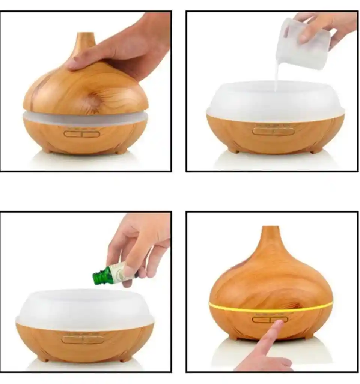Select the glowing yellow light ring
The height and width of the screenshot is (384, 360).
click(x=270, y=306)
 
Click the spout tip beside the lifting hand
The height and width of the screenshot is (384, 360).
click(x=86, y=37)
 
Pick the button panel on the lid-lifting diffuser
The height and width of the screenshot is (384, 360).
click(x=82, y=134)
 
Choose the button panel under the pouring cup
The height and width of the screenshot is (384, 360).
click(x=273, y=131)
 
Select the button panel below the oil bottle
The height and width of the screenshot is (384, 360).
click(x=83, y=339)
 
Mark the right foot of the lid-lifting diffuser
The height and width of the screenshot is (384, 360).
click(x=121, y=151)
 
